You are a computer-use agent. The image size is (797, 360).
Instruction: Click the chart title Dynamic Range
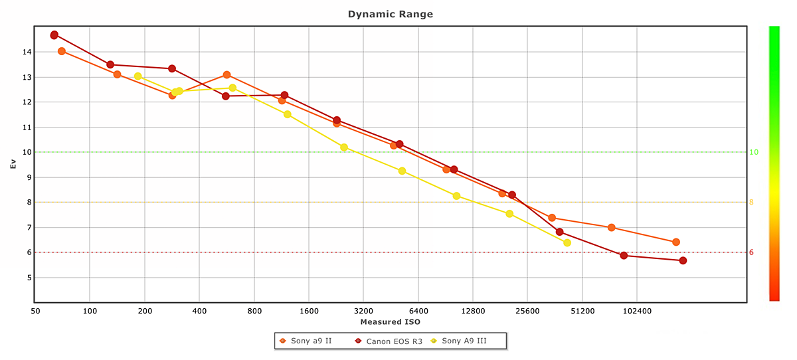click(x=391, y=14)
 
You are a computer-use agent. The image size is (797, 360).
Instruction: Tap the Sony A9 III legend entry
click(x=464, y=341)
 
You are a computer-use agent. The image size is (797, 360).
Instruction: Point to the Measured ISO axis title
click(x=391, y=321)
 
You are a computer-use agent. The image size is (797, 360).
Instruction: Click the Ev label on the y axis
click(x=13, y=164)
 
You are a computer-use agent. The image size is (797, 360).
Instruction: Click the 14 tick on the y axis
click(x=27, y=52)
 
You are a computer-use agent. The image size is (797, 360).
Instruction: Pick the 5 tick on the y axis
click(x=27, y=278)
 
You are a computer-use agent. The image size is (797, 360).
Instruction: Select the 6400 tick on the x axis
click(x=418, y=310)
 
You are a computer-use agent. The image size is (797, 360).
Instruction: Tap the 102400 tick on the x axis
click(x=636, y=310)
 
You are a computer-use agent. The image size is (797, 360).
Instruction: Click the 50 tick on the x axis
click(x=35, y=310)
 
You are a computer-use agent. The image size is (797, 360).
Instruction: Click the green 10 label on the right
click(x=754, y=152)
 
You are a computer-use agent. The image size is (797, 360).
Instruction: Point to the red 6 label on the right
click(x=752, y=252)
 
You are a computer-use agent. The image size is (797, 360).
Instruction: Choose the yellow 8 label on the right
click(x=752, y=203)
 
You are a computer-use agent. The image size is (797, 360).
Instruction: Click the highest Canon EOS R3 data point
click(x=54, y=35)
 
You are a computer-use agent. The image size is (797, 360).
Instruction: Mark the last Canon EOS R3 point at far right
click(x=683, y=260)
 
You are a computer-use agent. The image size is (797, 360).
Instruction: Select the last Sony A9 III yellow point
click(x=567, y=243)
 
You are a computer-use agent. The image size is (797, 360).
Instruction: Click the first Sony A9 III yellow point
click(x=138, y=76)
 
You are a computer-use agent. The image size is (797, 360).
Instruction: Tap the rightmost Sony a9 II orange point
click(x=676, y=242)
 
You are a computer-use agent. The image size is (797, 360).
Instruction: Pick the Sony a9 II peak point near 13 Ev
click(x=227, y=75)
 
